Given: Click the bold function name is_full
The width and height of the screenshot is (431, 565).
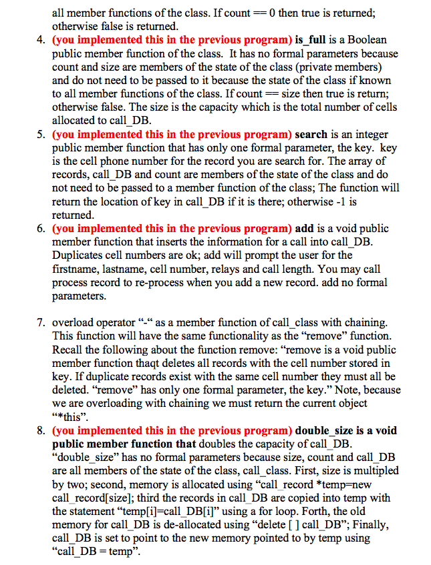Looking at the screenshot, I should tap(316, 39).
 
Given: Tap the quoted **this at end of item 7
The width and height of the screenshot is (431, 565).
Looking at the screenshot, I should tap(74, 416).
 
